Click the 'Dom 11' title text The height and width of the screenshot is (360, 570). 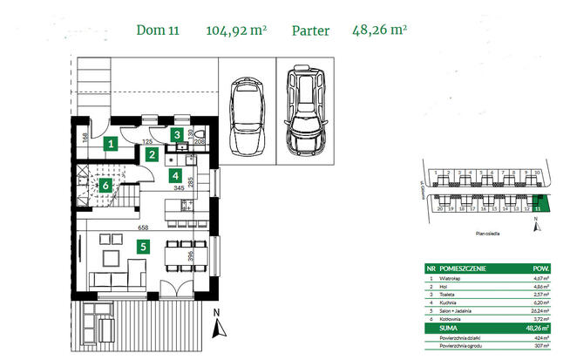pos(157,31)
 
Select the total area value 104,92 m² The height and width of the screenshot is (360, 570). pos(235,31)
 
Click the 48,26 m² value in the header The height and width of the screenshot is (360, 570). pos(379,31)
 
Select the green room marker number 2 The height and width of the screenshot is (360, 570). pos(152,155)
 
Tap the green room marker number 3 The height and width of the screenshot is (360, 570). pos(177,134)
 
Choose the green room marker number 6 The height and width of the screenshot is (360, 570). pos(105,185)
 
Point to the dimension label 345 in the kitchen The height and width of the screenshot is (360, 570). pos(178,187)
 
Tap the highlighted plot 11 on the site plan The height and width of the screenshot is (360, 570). pos(541,206)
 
